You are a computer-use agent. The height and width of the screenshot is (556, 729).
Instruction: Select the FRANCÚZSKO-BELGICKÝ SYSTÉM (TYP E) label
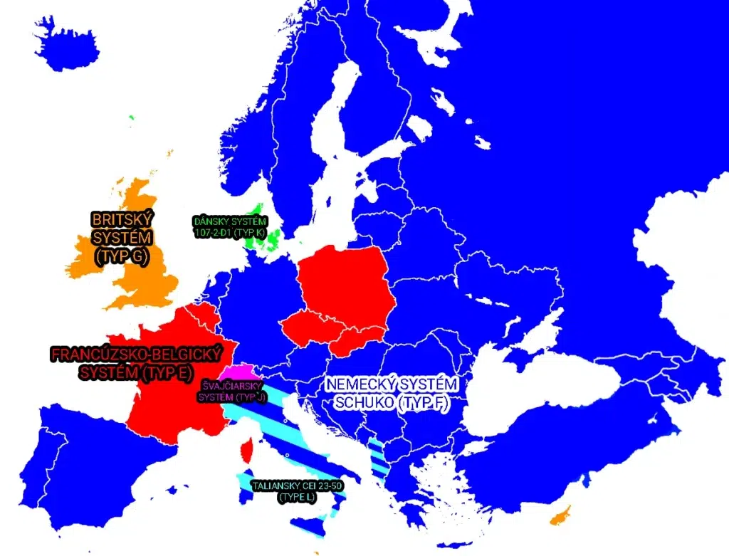135,362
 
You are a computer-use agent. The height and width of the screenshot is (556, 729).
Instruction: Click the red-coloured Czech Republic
310,328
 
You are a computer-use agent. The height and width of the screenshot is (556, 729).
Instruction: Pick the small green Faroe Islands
131,117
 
